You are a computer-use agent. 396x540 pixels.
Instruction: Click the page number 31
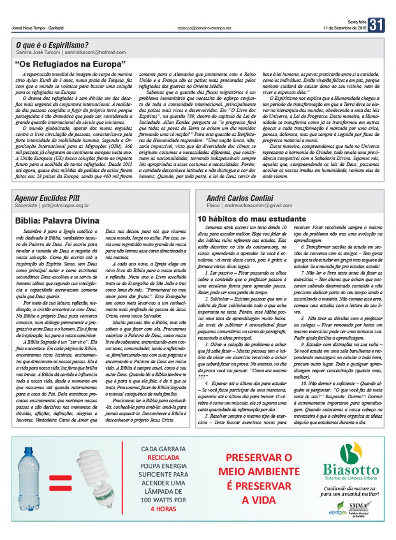tap(376, 25)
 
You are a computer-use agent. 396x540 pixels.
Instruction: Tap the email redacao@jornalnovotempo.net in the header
tap(204, 28)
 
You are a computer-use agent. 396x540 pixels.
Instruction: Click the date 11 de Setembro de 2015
tap(345, 28)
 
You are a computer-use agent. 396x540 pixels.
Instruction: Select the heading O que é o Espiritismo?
tap(52, 46)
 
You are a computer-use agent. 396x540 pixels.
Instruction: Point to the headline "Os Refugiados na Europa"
tap(70, 64)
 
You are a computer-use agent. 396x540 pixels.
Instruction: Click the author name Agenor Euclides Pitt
tap(47, 198)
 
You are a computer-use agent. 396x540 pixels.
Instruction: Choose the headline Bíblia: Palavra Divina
tap(57, 220)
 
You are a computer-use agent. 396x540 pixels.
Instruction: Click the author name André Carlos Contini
tap(240, 198)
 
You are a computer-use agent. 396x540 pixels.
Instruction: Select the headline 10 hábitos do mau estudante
tap(252, 219)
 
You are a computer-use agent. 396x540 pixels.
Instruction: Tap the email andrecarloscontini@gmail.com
tap(258, 205)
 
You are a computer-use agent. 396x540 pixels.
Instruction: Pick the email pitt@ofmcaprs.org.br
tap(66, 205)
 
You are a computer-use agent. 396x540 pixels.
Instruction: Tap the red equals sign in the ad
tap(60, 483)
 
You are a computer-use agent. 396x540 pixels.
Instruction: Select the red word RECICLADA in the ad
tap(163, 457)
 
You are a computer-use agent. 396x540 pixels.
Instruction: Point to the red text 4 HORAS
tap(163, 509)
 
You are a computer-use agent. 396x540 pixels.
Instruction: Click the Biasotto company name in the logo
tap(351, 469)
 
